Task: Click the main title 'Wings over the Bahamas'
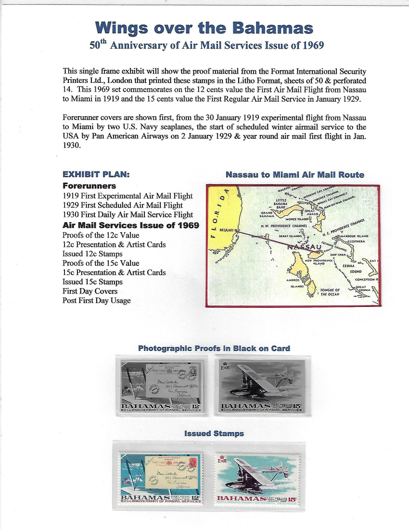pos(204,27)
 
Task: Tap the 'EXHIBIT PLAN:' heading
pos(96,174)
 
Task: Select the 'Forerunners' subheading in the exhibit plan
pos(89,185)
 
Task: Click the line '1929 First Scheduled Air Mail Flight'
pos(123,205)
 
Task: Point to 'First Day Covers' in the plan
pos(90,291)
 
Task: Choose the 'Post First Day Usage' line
pos(96,300)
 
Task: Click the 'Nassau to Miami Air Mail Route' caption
pos(294,174)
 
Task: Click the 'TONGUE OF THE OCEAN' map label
pos(330,291)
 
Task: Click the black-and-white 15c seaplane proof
pos(262,385)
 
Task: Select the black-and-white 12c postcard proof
pos(161,385)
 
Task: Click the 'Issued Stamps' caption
pos(214,434)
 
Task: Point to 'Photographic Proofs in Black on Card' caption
pos(214,348)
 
